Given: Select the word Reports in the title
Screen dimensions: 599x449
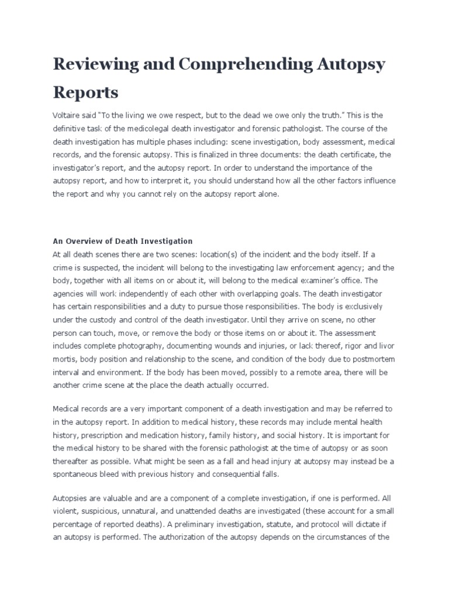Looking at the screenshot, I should [x=85, y=92].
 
